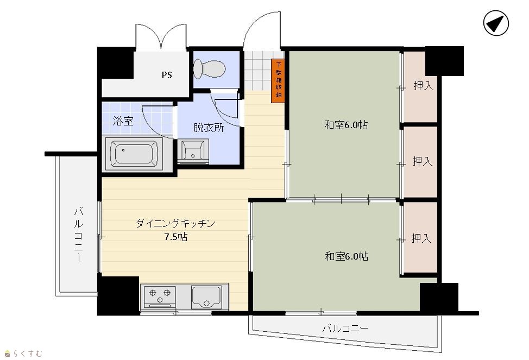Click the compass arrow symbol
(x=496, y=23)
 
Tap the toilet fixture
(x=210, y=69)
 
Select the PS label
(x=167, y=75)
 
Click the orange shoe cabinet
(x=278, y=81)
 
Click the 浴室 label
(x=123, y=121)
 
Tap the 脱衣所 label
(x=209, y=128)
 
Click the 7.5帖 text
(x=176, y=237)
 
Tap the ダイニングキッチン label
(x=175, y=223)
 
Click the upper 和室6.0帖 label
(x=346, y=125)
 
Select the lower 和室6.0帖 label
(x=347, y=256)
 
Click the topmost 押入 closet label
(x=424, y=86)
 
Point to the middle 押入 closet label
(x=423, y=161)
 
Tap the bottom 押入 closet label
(x=421, y=238)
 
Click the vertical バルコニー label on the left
(x=79, y=235)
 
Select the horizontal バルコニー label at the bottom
(x=345, y=328)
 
